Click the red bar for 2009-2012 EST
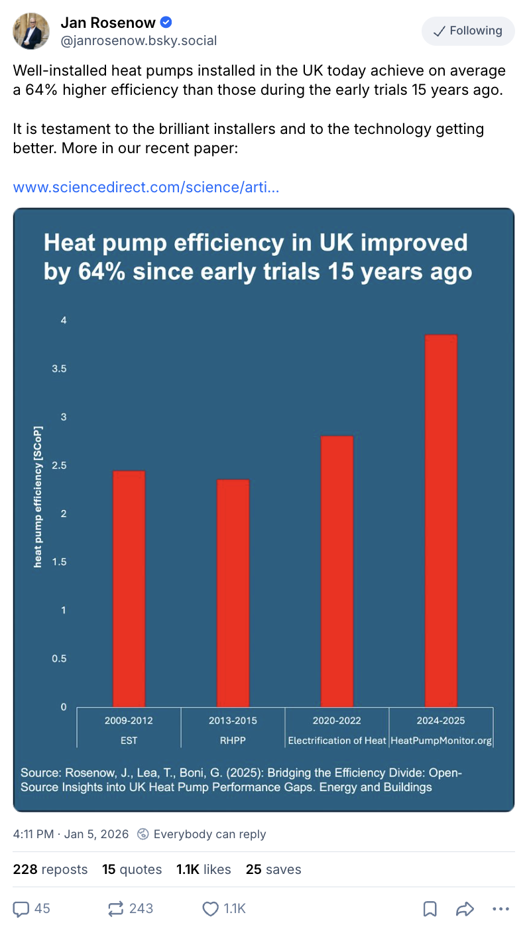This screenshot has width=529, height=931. click(x=129, y=589)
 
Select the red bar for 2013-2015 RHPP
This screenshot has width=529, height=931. click(x=233, y=593)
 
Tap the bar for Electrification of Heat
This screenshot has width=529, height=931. click(x=337, y=571)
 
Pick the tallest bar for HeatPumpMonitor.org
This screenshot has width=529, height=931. click(x=441, y=521)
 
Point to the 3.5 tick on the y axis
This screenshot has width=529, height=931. click(x=60, y=369)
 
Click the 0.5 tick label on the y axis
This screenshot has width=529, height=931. click(x=60, y=658)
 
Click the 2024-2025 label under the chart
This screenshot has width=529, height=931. click(x=441, y=720)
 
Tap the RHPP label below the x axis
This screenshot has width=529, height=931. click(x=233, y=741)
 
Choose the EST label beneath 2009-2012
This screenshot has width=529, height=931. click(x=129, y=741)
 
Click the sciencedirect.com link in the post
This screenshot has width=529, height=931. click(x=146, y=187)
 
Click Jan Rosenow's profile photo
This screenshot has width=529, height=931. click(x=31, y=31)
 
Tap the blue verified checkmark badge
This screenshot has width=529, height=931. click(x=166, y=23)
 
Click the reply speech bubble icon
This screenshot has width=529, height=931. click(x=21, y=908)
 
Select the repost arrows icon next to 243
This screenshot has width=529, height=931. click(x=116, y=908)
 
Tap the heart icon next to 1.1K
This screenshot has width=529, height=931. click(x=210, y=908)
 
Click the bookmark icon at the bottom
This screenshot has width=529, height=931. click(x=430, y=908)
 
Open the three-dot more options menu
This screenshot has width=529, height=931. click(x=500, y=908)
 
